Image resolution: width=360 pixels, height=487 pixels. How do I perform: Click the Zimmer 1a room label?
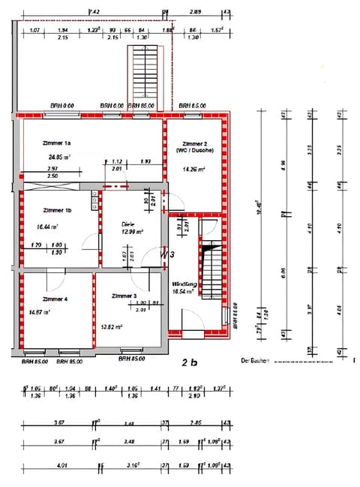pos(57,143)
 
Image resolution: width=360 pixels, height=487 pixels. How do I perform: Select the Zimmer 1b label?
pos(57,211)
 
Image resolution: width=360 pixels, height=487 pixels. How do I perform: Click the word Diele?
pos(127,224)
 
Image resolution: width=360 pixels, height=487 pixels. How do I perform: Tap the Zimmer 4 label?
pos(55,299)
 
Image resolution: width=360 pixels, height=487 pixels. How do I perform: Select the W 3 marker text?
pos(167,255)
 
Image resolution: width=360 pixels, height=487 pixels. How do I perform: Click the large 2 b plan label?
pos(189,363)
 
